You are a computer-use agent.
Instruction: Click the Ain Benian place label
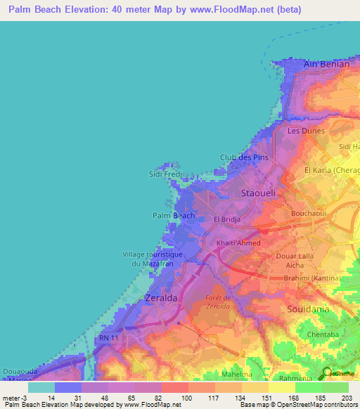[326, 64]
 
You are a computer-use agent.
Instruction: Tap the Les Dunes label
[304, 131]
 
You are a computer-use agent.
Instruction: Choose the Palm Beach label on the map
[174, 216]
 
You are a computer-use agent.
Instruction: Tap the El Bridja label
[227, 219]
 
